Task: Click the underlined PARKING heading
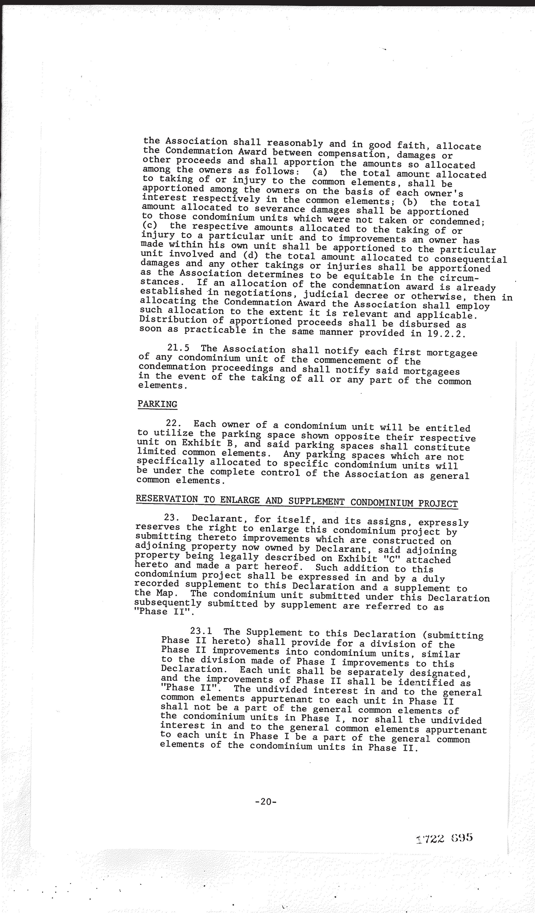pos(157,404)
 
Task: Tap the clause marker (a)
pos(320,172)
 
